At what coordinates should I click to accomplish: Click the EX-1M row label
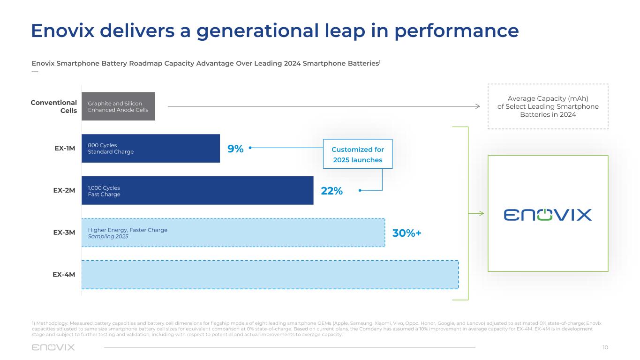(65, 149)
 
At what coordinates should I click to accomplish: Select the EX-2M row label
(64, 190)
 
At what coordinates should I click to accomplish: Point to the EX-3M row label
(64, 232)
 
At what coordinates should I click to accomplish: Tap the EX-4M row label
(64, 274)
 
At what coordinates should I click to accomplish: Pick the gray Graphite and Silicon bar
(118, 106)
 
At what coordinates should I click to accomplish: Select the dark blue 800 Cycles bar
(151, 149)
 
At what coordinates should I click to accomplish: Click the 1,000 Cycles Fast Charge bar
(197, 190)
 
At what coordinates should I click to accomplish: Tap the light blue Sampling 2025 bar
(233, 233)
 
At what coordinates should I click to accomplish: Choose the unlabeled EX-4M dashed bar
(270, 275)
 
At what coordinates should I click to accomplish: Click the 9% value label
(235, 149)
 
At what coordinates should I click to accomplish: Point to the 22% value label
(332, 191)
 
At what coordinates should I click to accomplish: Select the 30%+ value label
(407, 233)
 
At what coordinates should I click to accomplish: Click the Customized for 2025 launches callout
(358, 154)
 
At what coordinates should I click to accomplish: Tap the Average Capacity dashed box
(548, 106)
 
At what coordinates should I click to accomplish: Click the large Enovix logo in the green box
(548, 215)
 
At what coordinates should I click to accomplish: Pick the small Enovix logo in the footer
(53, 347)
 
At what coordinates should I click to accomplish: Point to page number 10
(605, 347)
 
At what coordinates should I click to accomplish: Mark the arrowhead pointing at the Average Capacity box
(478, 106)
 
